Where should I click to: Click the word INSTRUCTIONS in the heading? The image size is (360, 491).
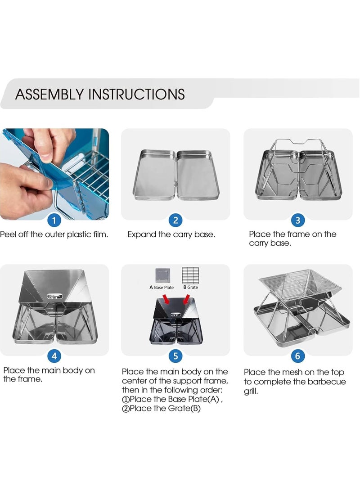tap(137, 94)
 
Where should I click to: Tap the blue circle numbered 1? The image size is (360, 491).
tap(54, 221)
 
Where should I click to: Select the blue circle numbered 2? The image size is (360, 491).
tap(175, 221)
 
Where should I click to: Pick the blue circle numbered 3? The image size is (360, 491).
tap(298, 221)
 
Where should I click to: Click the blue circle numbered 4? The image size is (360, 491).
tap(54, 356)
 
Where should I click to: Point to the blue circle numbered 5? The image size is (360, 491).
tap(175, 356)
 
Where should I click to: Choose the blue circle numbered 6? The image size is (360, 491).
tap(298, 356)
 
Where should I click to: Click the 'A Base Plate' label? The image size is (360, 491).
tap(162, 288)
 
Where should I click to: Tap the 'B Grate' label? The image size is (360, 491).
tap(191, 287)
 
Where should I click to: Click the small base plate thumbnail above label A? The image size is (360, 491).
tap(163, 275)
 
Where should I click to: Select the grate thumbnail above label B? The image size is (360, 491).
tap(191, 275)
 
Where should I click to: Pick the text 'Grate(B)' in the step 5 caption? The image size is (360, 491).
tap(184, 408)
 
